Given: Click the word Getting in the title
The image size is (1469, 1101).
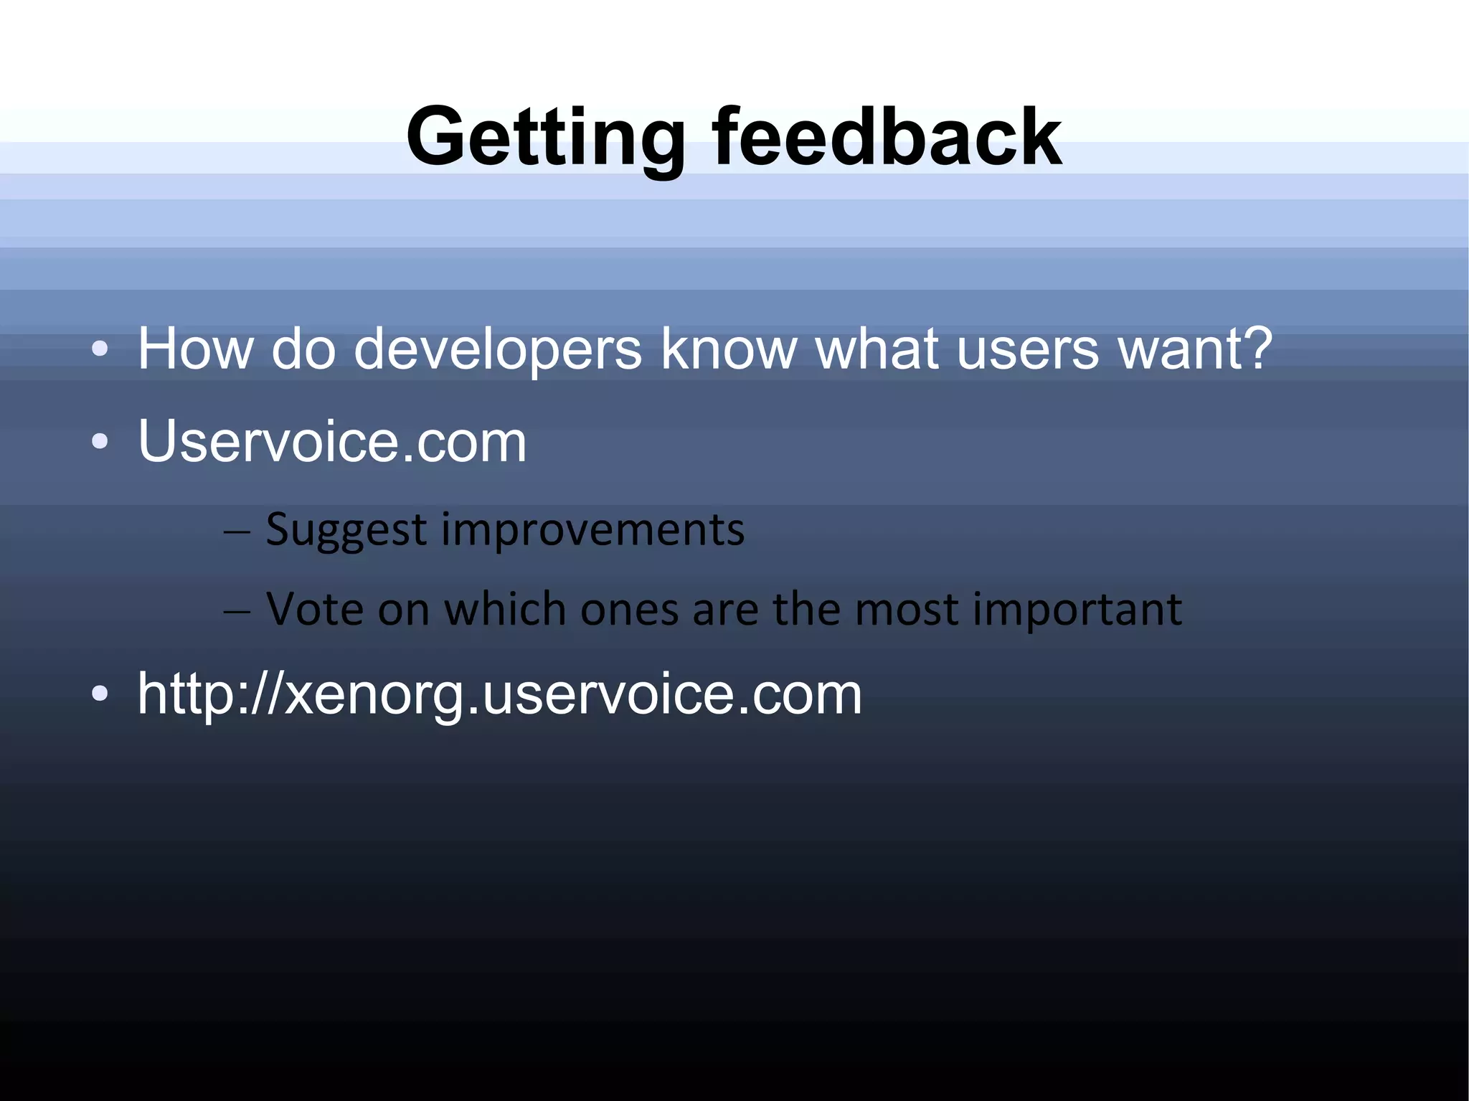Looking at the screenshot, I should point(545,138).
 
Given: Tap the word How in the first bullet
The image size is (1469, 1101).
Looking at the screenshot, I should point(194,349).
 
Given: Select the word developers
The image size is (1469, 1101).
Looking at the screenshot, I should point(497,350).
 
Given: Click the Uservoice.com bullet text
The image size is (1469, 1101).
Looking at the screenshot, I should point(332,441).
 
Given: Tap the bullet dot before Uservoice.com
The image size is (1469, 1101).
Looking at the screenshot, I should point(100,442).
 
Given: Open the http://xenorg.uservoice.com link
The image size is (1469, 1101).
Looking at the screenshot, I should point(499,694).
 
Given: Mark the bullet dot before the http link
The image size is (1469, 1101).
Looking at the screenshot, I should point(100,694).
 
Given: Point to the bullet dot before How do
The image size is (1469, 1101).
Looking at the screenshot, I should point(100,350).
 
